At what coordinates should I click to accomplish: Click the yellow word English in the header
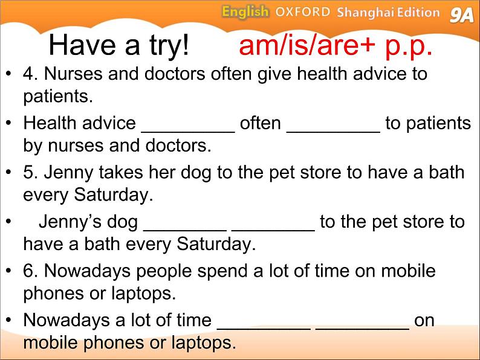[x=245, y=12]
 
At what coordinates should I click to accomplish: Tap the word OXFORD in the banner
[x=303, y=12]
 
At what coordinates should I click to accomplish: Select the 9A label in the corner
[x=461, y=15]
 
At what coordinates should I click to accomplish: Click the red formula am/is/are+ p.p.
[x=336, y=45]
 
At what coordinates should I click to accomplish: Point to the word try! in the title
[x=169, y=46]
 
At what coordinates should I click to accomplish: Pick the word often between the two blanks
[x=260, y=123]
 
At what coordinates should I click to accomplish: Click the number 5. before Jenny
[x=30, y=172]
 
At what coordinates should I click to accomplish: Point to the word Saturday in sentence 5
[x=113, y=194]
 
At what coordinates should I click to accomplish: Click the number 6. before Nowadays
[x=30, y=271]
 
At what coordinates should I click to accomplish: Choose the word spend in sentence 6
[x=222, y=272]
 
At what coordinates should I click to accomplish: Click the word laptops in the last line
[x=204, y=343]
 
